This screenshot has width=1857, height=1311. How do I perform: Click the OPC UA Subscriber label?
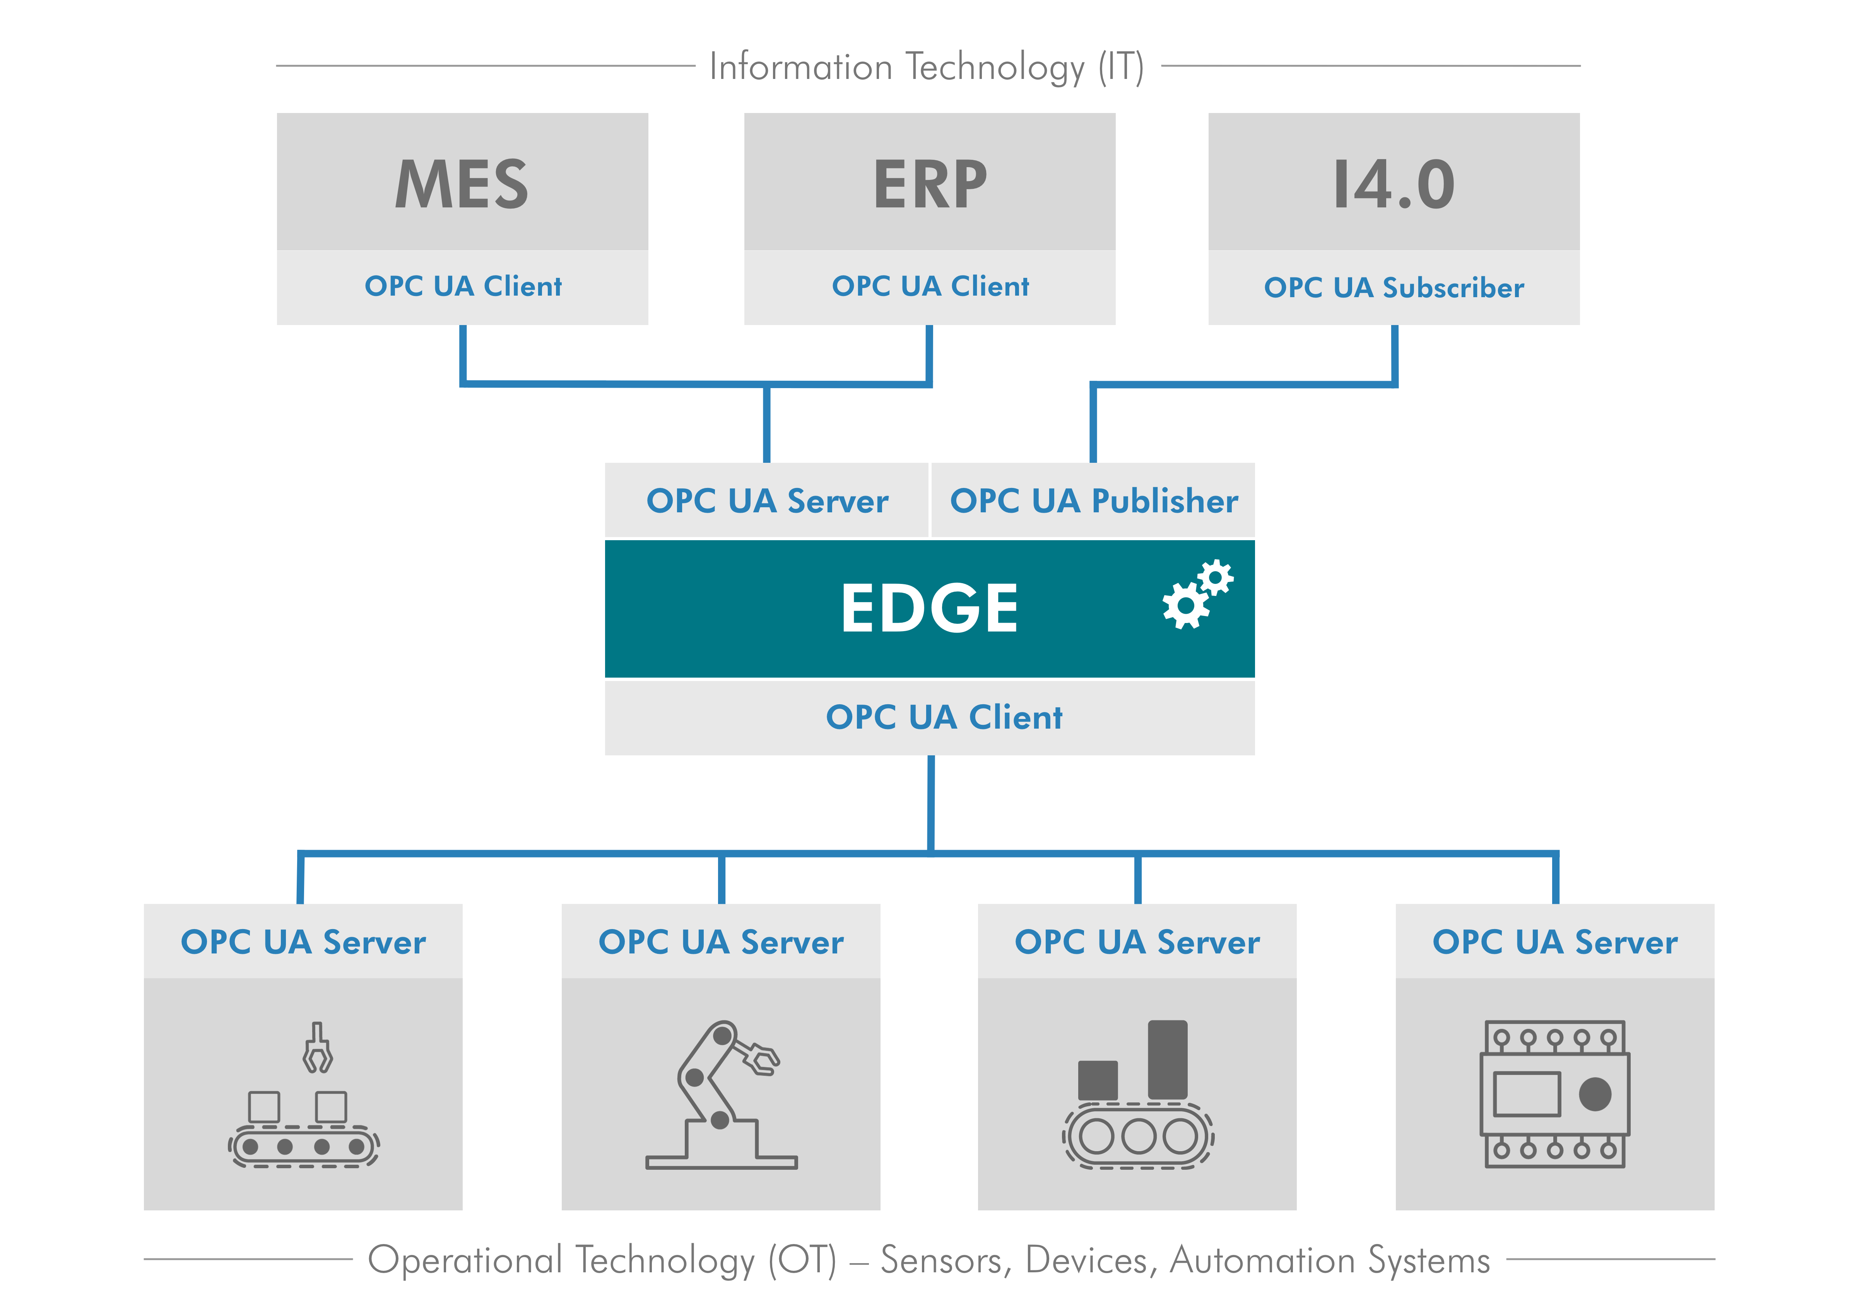point(1394,287)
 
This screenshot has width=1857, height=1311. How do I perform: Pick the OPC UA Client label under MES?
point(463,286)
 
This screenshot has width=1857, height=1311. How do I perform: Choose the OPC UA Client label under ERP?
point(930,286)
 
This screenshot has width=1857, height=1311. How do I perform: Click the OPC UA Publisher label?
point(1093,501)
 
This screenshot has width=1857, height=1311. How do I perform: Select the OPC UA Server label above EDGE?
point(767,501)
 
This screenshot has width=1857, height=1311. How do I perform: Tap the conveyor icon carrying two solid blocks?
point(1138,1094)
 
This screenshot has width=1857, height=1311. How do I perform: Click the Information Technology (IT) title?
point(927,66)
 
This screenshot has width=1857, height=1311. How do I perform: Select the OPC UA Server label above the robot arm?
point(721,941)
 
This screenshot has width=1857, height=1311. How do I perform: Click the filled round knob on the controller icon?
point(1595,1094)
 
